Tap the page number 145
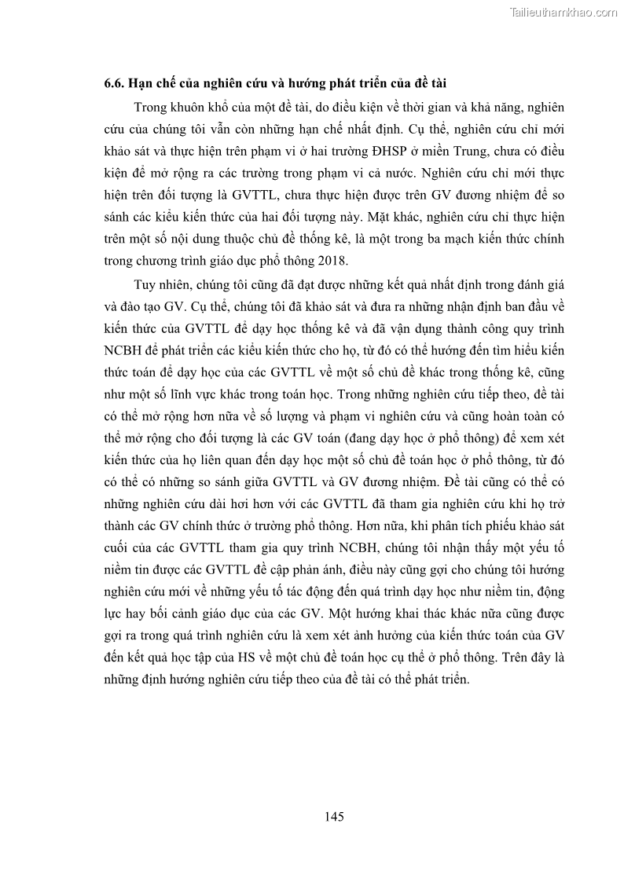[x=335, y=816]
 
